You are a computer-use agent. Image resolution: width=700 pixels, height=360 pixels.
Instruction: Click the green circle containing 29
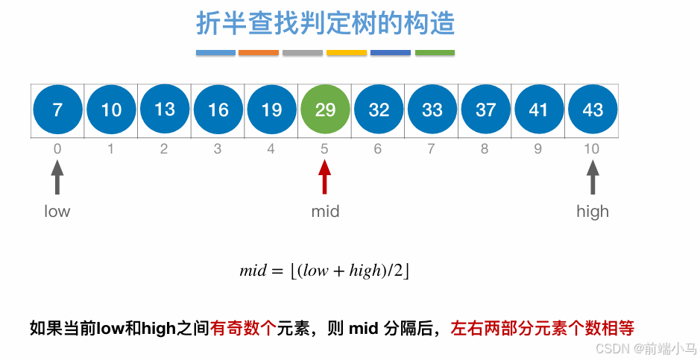point(325,110)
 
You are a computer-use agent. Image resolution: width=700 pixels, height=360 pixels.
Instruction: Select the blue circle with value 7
point(57,110)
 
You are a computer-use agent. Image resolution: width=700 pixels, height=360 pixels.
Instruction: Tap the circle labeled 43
point(593,110)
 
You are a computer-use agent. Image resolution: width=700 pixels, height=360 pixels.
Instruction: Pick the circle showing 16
point(218,110)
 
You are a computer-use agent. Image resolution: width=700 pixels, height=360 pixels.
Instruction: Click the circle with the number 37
point(485,110)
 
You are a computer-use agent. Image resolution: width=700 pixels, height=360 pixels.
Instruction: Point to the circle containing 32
point(379,110)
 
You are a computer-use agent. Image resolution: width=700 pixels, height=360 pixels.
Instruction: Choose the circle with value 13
point(164,110)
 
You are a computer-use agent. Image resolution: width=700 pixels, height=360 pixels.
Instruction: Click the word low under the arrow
point(57,212)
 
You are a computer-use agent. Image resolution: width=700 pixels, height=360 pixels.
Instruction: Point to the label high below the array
point(593,212)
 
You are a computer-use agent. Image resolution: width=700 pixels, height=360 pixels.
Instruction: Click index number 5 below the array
point(324,149)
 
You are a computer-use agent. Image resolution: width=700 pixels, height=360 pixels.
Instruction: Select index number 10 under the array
point(592,149)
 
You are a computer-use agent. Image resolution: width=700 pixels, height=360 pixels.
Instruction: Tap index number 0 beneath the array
point(57,149)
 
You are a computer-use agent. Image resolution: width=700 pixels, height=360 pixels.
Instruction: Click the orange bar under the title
point(259,53)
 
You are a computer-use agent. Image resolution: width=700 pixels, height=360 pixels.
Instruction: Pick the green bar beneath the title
point(435,53)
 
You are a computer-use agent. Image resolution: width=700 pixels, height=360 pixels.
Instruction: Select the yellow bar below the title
point(347,53)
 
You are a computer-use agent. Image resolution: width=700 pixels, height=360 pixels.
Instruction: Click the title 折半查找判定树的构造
point(325,24)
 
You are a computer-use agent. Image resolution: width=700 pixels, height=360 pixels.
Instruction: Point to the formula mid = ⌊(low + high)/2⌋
point(325,271)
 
